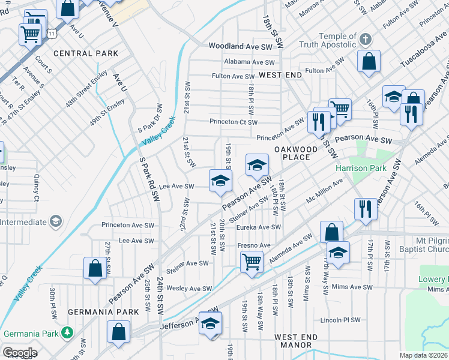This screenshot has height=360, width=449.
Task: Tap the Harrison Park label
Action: pos(361,169)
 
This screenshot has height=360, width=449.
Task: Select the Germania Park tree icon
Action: pos(68,333)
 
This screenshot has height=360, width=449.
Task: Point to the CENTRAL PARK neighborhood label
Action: pos(86,53)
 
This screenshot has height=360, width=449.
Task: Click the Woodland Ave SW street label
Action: pos(240,46)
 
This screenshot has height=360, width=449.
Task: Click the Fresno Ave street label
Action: pos(255,245)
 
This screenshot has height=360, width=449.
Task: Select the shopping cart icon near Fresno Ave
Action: pos(252,261)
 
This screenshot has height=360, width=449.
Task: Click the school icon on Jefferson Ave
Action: pos(210,323)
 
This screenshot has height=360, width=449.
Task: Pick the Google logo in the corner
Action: pos(19,353)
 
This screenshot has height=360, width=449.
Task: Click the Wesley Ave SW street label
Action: pos(190,289)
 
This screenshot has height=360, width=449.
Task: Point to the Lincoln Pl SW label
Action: pos(340,320)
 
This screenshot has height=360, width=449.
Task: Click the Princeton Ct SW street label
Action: pos(234,122)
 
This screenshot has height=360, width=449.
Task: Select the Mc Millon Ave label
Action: pos(324,197)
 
